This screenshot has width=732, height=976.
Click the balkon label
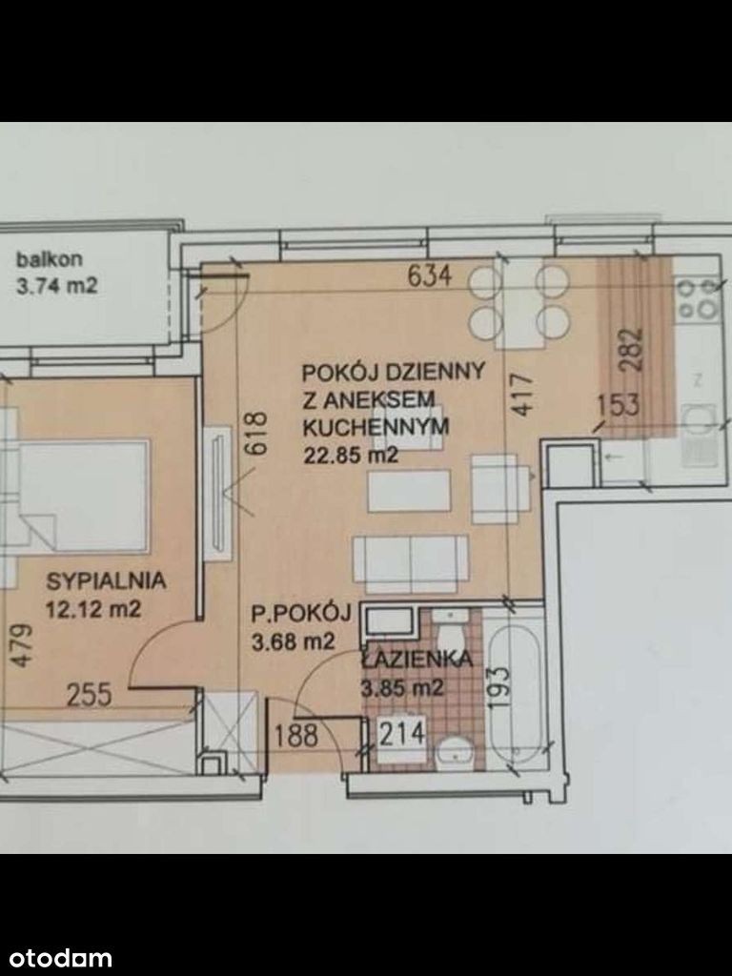click(x=50, y=259)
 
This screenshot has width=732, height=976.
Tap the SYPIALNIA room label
click(x=107, y=580)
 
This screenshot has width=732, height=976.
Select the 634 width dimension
click(x=430, y=275)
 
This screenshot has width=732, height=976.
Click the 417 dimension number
click(x=523, y=394)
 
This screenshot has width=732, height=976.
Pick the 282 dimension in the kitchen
click(x=633, y=350)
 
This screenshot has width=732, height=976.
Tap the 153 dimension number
click(x=619, y=405)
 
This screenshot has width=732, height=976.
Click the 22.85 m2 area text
click(x=350, y=456)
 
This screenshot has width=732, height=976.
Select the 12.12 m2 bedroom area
click(x=93, y=609)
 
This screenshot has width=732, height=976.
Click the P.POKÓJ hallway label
click(x=301, y=614)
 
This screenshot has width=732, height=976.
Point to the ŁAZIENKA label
click(x=416, y=660)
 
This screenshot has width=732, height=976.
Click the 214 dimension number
click(x=402, y=733)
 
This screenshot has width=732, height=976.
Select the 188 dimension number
click(x=296, y=736)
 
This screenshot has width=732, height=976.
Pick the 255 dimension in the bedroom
click(x=89, y=695)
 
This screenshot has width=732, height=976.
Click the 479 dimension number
click(x=23, y=646)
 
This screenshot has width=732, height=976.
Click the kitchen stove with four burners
click(x=698, y=299)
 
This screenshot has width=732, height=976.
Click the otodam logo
click(x=56, y=957)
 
